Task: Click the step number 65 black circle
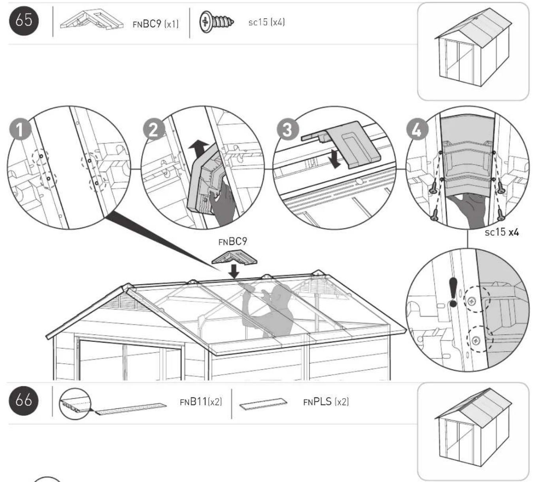(24, 21)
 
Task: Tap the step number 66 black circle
(24, 400)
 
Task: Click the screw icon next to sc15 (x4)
(217, 22)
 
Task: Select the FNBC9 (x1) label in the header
(155, 24)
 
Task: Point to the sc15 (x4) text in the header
(266, 22)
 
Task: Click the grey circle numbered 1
(20, 129)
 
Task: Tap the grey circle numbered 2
(154, 129)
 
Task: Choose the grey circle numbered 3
(288, 129)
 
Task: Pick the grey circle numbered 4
(418, 129)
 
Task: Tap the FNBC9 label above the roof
(233, 241)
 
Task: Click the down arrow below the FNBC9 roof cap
(234, 271)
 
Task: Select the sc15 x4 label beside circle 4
(502, 232)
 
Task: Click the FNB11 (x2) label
(201, 401)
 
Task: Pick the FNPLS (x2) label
(326, 401)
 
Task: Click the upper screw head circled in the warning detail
(472, 302)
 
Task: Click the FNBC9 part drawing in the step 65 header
(92, 20)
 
